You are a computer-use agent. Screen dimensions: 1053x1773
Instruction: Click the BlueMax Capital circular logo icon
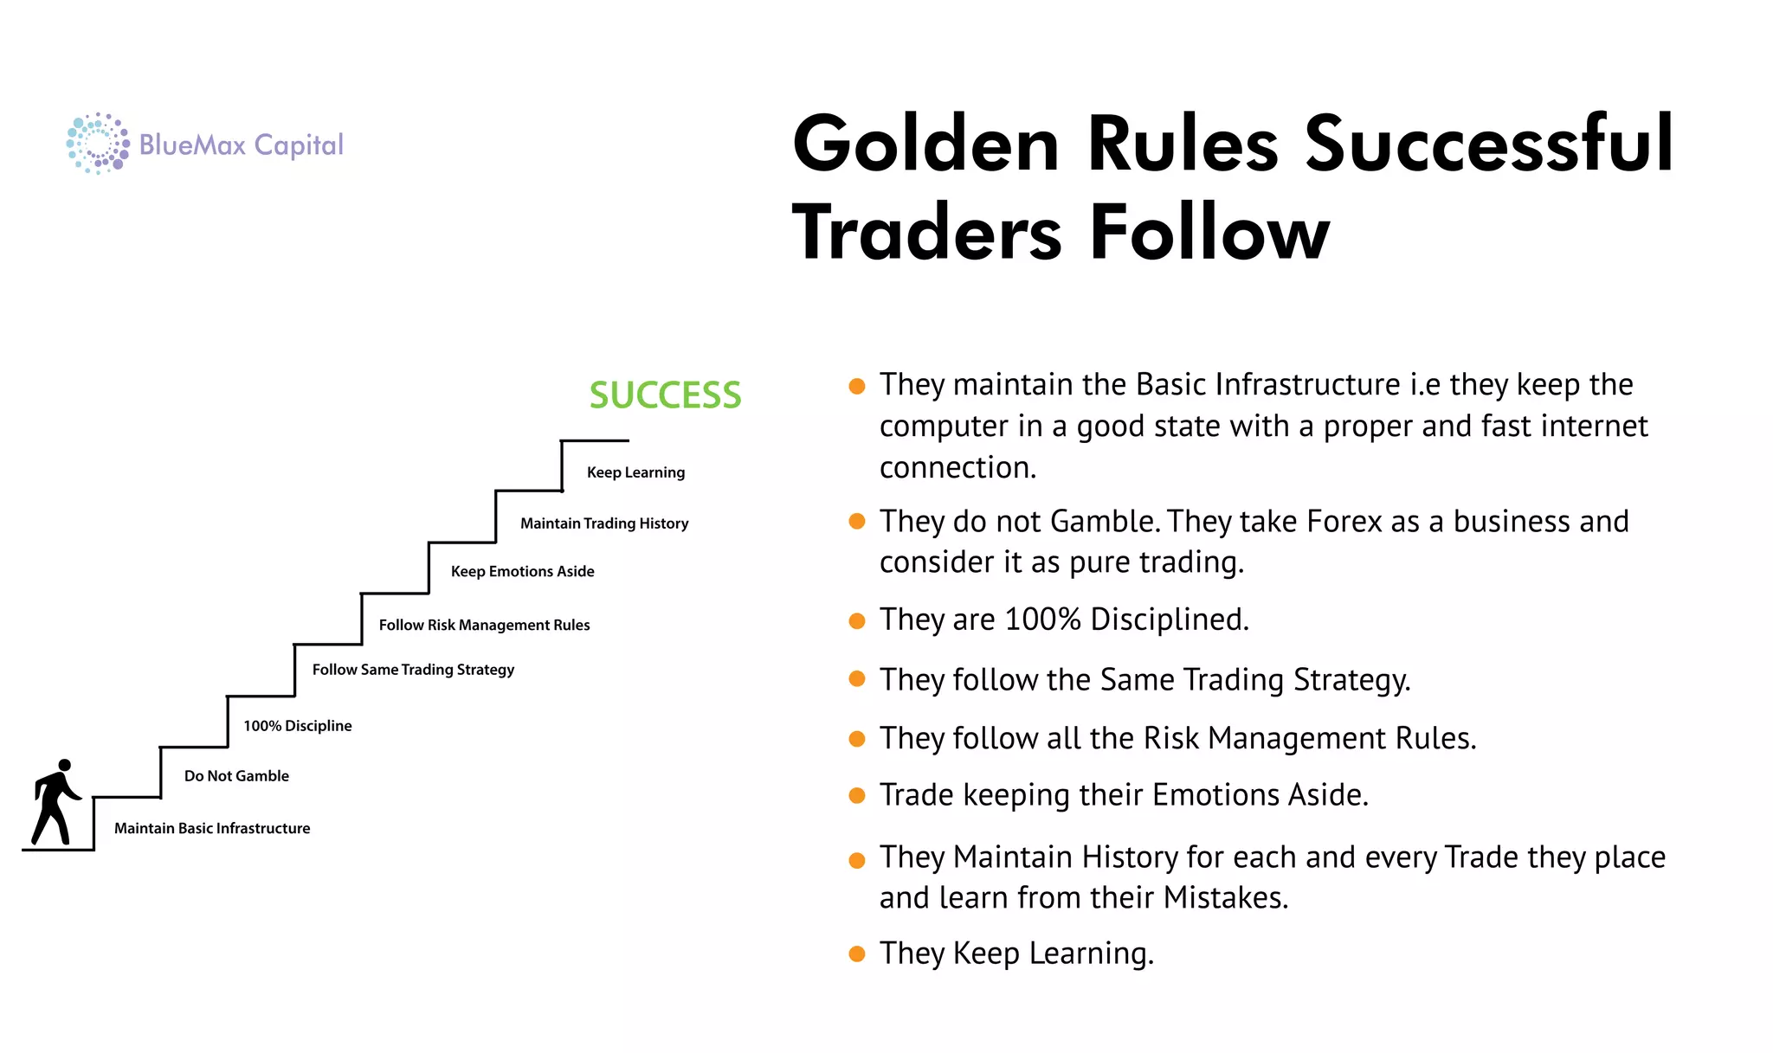98,144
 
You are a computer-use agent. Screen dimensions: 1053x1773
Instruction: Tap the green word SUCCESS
665,395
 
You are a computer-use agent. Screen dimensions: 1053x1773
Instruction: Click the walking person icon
56,802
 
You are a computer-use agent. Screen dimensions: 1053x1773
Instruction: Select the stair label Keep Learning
635,472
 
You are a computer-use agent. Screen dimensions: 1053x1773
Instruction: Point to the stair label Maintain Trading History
604,523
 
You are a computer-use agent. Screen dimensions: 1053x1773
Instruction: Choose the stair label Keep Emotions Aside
522,571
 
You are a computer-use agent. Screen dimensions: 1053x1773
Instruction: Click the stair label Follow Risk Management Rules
484,625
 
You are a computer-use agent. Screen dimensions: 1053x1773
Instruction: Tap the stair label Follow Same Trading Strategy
413,670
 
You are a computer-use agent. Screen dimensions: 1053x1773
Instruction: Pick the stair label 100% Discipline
297,726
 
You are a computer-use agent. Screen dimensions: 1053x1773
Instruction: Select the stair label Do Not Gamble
236,776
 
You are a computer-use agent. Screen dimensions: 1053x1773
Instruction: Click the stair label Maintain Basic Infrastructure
212,828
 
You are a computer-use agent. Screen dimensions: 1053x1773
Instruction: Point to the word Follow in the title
1209,232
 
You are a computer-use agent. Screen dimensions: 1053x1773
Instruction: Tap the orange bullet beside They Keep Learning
857,954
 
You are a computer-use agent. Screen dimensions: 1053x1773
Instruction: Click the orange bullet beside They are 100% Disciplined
857,621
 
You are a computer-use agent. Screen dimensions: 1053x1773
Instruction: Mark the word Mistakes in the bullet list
1225,898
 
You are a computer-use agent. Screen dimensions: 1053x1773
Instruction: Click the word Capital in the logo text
299,145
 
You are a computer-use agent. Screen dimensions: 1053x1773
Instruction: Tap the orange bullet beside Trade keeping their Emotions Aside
857,796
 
